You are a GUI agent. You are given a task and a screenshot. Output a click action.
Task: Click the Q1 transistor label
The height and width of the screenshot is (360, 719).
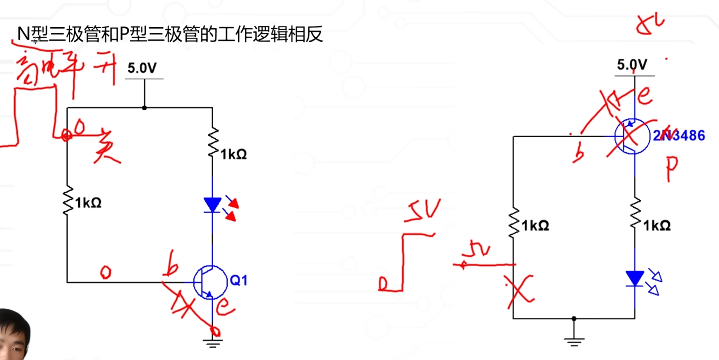(x=239, y=281)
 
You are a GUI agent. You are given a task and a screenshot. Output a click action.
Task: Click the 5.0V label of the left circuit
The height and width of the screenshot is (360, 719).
(x=142, y=69)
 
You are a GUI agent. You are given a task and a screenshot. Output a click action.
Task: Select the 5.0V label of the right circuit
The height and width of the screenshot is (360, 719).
(x=632, y=65)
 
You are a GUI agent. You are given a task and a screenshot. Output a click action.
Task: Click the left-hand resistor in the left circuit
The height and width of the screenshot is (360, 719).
(x=68, y=201)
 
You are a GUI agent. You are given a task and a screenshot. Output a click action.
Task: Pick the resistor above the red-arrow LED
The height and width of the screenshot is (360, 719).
(x=213, y=143)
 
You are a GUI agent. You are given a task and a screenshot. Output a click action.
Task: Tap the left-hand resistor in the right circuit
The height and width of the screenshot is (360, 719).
(x=513, y=222)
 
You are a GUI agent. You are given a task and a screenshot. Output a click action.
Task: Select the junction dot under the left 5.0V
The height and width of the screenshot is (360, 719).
(x=144, y=108)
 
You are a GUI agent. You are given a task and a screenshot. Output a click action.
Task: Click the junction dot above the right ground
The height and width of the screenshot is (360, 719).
(x=574, y=318)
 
